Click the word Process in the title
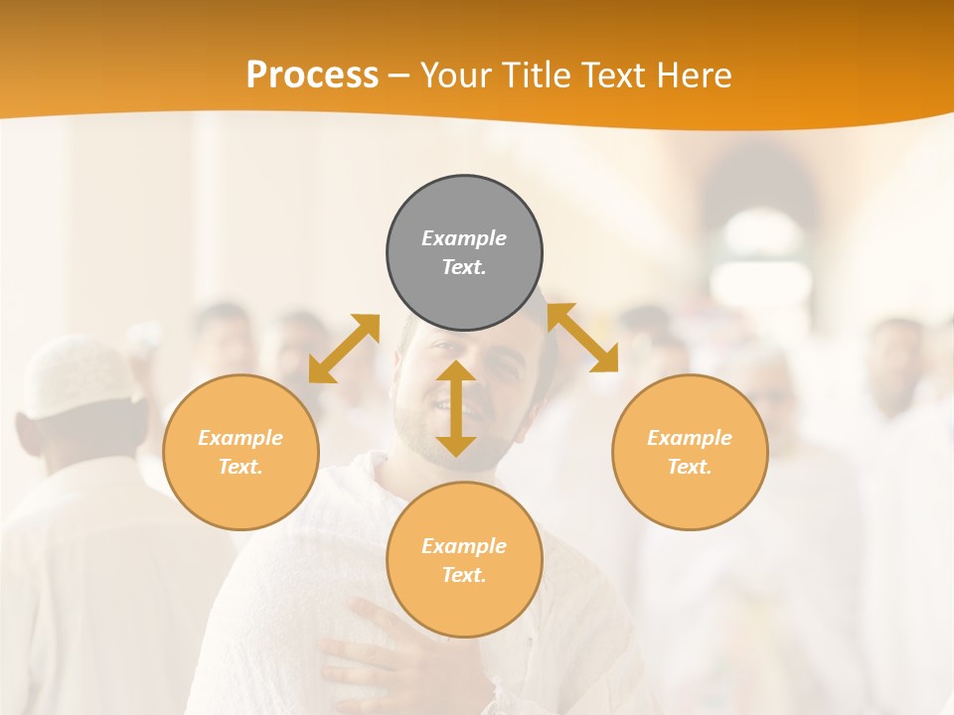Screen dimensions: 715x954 coord(312,74)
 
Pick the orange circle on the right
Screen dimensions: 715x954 coord(690,492)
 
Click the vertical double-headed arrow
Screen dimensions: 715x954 coord(456,408)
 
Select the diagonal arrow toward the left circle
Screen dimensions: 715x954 coord(344,348)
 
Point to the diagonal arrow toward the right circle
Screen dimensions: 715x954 coord(583,338)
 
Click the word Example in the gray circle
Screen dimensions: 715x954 coord(464,238)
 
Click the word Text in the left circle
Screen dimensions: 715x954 coord(240,467)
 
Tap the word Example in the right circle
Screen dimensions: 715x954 coord(690,438)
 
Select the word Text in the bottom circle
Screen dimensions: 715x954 coord(464,575)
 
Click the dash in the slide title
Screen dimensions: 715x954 coord(398,76)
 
